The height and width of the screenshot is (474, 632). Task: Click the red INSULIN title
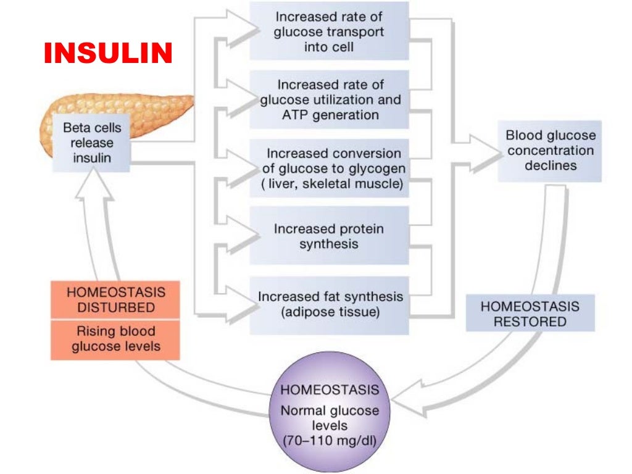click(107, 54)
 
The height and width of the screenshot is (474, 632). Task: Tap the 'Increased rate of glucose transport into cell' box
click(328, 31)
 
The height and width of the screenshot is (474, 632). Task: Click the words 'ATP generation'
click(328, 115)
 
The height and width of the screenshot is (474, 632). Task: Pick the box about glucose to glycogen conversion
click(328, 168)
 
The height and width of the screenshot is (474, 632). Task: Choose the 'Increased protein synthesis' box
click(328, 236)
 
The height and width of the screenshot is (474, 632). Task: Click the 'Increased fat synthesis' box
click(328, 304)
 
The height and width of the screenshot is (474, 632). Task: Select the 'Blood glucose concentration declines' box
click(550, 151)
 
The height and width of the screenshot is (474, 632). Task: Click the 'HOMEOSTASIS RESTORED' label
click(530, 314)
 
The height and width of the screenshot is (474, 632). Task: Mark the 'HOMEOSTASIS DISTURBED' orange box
click(115, 299)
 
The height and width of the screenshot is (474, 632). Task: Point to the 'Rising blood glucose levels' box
click(115, 339)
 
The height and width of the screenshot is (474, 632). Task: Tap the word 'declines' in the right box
click(551, 165)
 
